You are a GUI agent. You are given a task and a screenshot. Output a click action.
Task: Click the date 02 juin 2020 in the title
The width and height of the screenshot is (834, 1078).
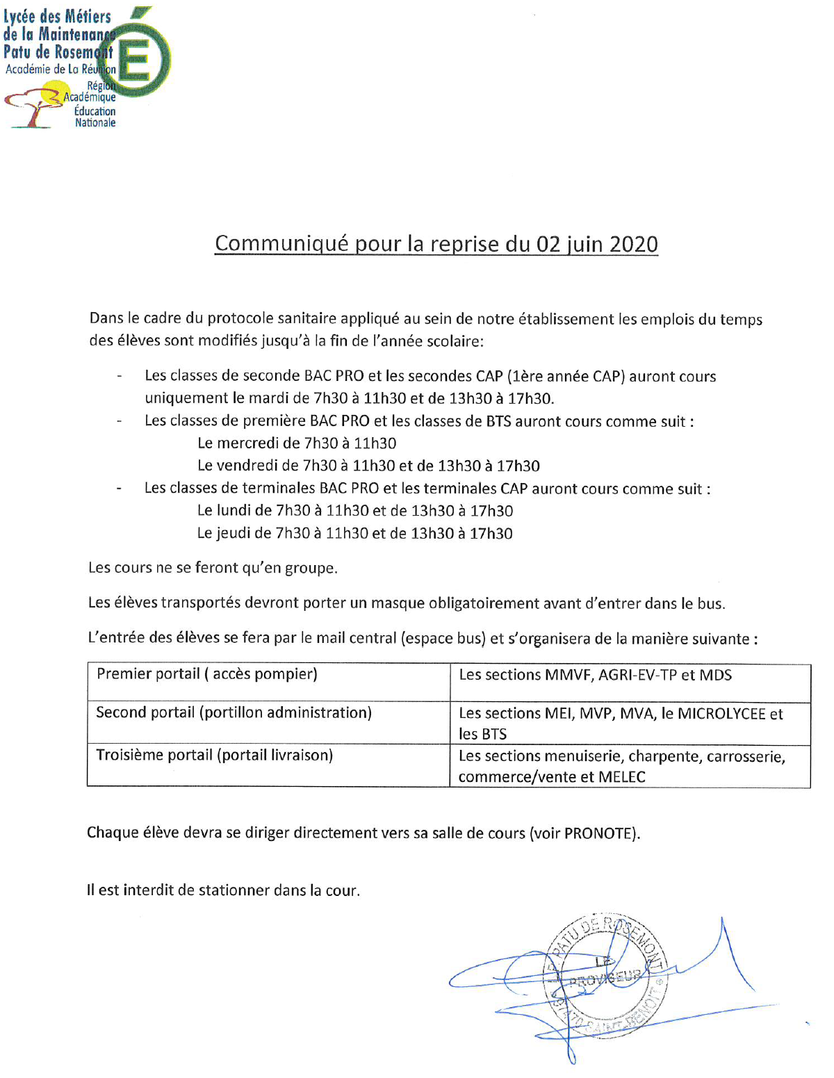coord(597,244)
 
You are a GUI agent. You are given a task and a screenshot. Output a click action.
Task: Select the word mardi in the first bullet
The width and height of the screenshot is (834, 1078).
coord(267,398)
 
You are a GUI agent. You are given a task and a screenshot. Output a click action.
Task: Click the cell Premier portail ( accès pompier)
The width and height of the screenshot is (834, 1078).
coord(206,674)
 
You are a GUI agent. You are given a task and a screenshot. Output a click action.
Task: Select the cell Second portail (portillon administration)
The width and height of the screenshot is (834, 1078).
coord(234,713)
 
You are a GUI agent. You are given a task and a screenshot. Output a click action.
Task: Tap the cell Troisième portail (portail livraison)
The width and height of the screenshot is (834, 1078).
coord(214,756)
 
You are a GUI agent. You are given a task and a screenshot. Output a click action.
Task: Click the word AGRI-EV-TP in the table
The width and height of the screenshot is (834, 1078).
coord(637,675)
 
